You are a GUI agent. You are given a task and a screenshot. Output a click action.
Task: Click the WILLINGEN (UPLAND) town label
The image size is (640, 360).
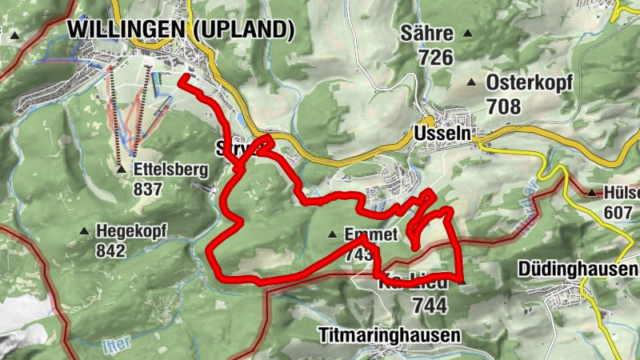[181, 29]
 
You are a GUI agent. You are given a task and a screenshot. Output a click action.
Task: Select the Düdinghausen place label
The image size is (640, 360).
[578, 269]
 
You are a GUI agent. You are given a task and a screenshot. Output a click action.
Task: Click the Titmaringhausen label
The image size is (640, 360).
[390, 334]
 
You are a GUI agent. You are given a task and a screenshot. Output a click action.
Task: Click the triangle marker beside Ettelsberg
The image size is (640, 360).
[121, 170]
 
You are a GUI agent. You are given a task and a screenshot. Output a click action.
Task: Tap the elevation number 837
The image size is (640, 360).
[149, 190]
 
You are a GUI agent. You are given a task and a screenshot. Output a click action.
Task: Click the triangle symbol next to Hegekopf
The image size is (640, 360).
[84, 232]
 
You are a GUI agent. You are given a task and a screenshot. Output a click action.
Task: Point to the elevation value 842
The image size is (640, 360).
[110, 250]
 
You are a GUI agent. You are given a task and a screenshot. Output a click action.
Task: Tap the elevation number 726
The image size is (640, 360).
[435, 57]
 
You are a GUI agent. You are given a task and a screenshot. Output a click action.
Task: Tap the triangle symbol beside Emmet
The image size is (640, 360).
[332, 234]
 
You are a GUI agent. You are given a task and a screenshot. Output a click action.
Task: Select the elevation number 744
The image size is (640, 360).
[429, 305]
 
